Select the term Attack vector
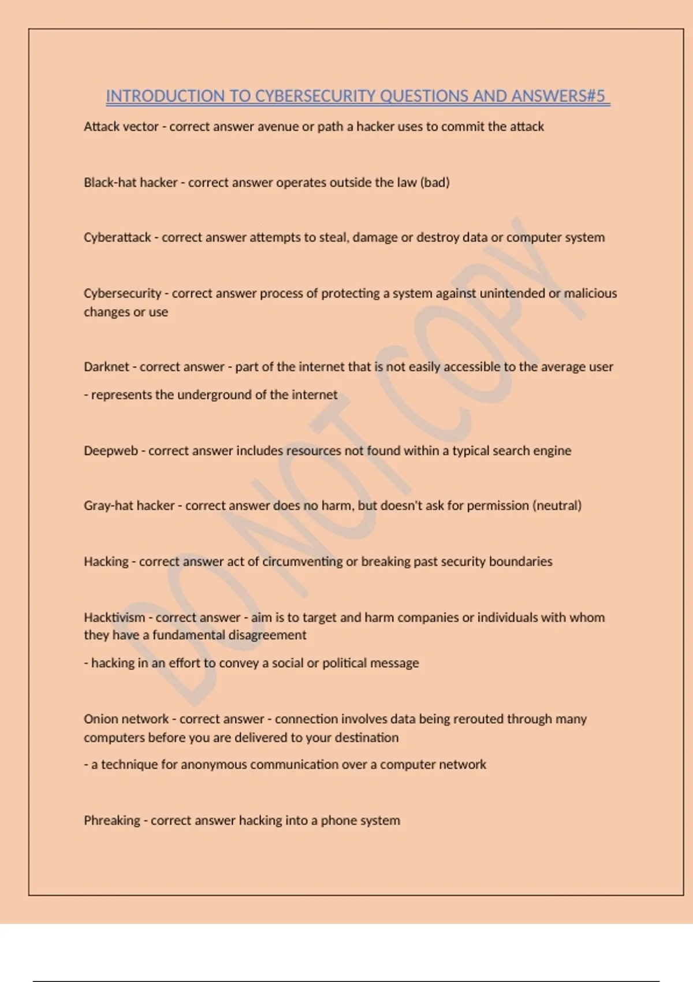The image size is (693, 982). pos(121,127)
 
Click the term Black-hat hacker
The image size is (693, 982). pos(131,183)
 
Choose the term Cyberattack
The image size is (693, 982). pos(117,237)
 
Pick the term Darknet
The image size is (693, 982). pos(106,367)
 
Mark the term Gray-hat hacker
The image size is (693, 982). pos(129,506)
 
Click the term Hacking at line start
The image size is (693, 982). pos(106,561)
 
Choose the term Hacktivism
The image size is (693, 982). pos(114,618)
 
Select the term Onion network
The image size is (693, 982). pos(126,719)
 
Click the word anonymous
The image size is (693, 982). pos(213,765)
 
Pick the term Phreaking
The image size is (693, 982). pos(112,821)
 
